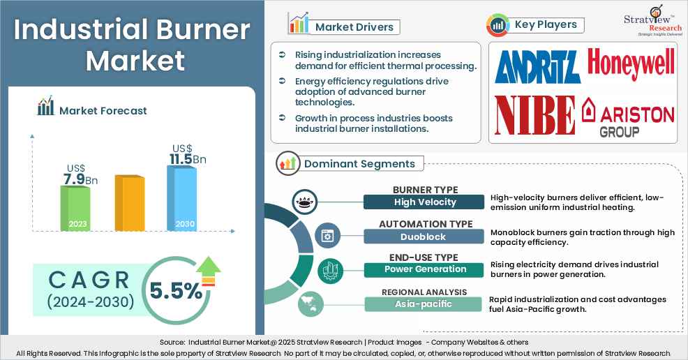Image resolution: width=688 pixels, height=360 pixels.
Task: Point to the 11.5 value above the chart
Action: coord(183,158)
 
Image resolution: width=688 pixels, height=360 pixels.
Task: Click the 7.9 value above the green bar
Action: coord(75,180)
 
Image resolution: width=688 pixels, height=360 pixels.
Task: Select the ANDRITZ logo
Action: coord(537,68)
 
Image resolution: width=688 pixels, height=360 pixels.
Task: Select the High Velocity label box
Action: coord(424,202)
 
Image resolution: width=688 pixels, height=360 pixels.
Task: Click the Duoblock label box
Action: coord(424,236)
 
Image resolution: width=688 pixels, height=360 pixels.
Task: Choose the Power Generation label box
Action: coord(424,269)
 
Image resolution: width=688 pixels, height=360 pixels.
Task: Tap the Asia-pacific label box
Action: coord(424,303)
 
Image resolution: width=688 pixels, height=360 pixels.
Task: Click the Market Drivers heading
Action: coord(354,27)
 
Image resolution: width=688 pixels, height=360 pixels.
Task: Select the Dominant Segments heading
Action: coord(359,164)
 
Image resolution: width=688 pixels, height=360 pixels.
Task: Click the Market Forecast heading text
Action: coord(103,110)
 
